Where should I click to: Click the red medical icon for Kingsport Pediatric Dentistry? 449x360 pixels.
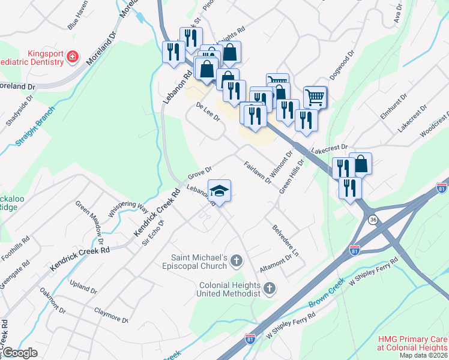click(x=72, y=56)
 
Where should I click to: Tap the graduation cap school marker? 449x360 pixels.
click(x=219, y=191)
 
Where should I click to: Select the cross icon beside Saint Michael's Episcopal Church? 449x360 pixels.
click(x=237, y=260)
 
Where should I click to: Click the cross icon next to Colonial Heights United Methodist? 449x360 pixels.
click(x=270, y=289)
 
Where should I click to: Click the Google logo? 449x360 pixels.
click(x=20, y=353)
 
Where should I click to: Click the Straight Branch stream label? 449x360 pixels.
click(x=35, y=127)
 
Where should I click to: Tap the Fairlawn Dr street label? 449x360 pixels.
click(x=258, y=173)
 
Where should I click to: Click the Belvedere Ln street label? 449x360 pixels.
click(x=285, y=241)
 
